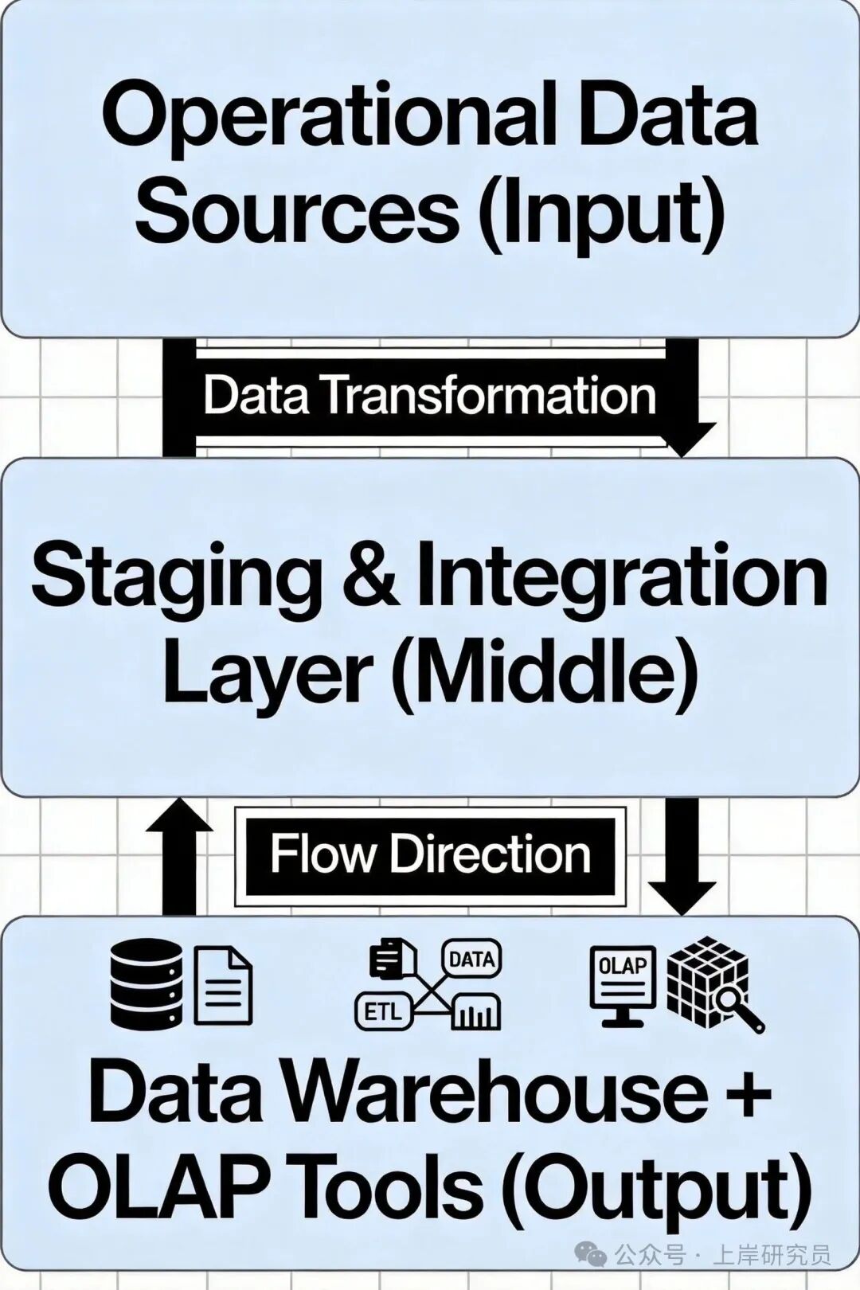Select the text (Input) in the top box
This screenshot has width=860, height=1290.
(601, 213)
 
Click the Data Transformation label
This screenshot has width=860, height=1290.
(430, 396)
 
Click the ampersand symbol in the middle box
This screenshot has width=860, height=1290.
(371, 575)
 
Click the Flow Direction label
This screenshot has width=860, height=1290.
(430, 855)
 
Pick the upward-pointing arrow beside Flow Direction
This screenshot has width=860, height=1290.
(180, 856)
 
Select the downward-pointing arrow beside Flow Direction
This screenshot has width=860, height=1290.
(682, 856)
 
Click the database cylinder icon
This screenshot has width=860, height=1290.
(146, 984)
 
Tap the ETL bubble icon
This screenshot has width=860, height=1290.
(383, 1011)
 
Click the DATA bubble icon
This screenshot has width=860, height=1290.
(471, 960)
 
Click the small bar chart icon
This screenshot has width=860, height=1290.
(475, 1013)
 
